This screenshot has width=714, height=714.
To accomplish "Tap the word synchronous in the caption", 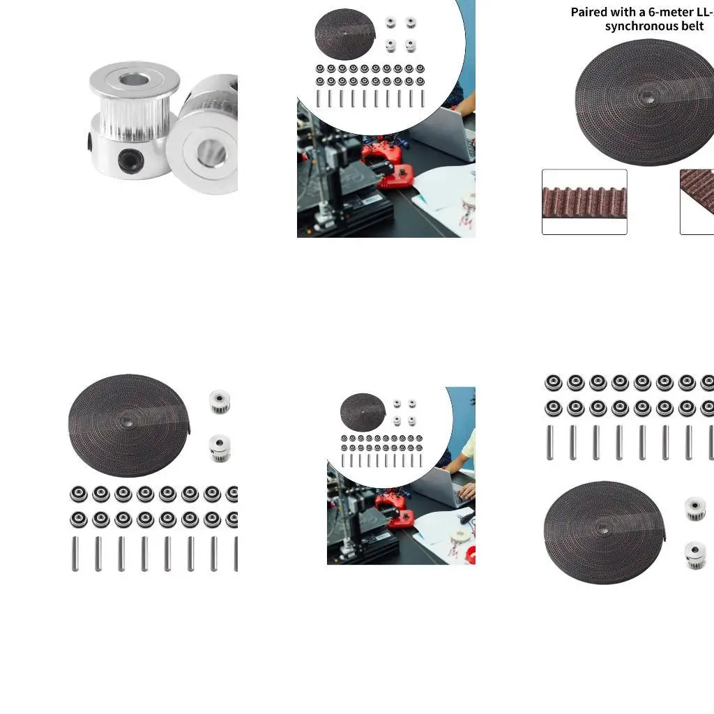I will coord(639,26).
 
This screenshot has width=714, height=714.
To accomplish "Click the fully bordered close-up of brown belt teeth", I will coord(584,202).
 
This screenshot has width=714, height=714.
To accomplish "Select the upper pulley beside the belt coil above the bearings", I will coord(220,401).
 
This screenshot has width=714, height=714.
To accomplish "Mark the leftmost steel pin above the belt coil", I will coord(550,442).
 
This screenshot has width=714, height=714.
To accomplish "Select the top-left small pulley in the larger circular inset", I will coord(390,23).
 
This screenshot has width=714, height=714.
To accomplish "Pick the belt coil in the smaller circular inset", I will coord(363,411).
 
